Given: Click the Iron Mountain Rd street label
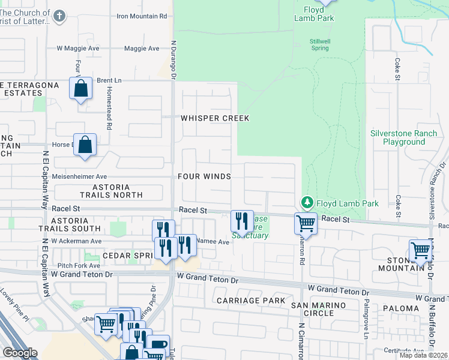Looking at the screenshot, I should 141,16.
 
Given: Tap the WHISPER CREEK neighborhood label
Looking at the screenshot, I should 215,118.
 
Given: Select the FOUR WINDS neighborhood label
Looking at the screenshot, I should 204,176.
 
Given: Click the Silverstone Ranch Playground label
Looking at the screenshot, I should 397,137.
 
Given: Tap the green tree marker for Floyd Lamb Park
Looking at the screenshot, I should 307,203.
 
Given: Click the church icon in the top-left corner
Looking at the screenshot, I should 59,16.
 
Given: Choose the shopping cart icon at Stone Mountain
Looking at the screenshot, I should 420,250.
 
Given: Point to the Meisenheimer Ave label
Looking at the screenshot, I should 79,176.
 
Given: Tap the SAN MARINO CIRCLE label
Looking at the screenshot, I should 319,309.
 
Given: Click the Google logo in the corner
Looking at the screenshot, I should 20,353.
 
